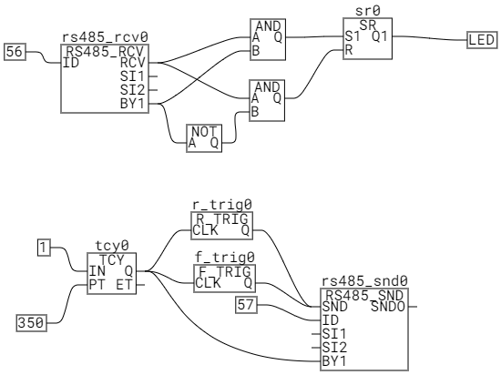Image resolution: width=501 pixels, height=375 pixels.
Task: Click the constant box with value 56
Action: point(15,52)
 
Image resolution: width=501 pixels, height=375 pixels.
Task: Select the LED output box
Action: point(482,40)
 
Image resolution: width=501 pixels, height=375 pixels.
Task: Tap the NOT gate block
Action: point(204,138)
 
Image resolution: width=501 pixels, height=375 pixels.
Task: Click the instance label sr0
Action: point(368,11)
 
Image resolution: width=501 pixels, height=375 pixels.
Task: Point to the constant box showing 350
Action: point(32,322)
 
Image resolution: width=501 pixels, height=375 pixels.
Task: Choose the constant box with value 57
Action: point(246,305)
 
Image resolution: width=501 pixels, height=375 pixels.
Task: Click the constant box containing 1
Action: point(44,248)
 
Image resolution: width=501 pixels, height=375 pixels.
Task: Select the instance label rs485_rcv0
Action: point(105,37)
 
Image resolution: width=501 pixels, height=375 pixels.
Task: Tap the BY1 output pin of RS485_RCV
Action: point(132,104)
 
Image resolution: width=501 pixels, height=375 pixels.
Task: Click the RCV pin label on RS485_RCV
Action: point(133,63)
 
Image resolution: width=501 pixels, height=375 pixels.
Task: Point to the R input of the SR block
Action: point(349,50)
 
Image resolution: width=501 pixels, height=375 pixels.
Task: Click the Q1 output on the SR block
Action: point(380,36)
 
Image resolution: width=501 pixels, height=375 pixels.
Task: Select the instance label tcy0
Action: point(112,246)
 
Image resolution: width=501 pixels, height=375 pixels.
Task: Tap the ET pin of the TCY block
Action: point(124,285)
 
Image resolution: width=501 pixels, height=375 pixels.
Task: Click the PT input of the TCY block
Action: point(97,285)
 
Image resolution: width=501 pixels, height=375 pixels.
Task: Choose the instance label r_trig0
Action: point(222,205)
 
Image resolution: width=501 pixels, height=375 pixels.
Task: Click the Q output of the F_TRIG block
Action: point(248,283)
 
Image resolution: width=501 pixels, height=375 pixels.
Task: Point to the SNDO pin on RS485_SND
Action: point(388,307)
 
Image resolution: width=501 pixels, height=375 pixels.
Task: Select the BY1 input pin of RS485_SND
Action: point(334,361)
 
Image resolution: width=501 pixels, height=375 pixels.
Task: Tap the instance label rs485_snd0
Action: point(364,281)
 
